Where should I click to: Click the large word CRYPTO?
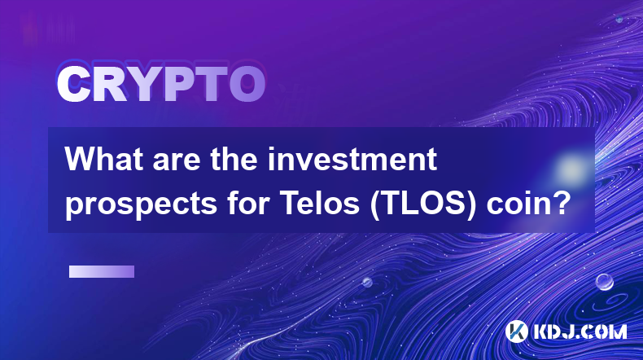161,84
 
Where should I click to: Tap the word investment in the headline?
352,159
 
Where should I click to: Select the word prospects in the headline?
141,204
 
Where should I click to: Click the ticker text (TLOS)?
423,204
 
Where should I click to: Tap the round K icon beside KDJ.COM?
517,331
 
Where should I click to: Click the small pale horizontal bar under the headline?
102,272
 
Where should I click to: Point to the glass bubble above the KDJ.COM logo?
605,282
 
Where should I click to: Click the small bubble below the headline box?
367,282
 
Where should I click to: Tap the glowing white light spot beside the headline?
571,169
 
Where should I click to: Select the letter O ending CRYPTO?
247,84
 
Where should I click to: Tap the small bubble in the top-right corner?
619,19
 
